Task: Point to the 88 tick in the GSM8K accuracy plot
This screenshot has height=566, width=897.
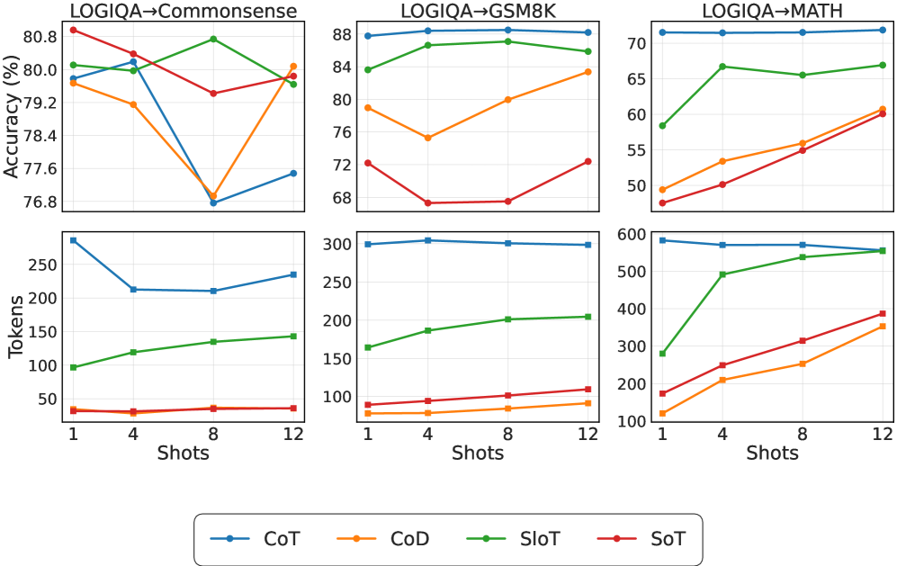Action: [x=339, y=34]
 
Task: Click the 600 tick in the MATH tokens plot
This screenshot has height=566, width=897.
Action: [x=632, y=234]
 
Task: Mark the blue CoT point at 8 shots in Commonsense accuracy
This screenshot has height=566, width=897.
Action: [x=213, y=202]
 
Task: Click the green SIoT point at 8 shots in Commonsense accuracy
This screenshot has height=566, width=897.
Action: [x=213, y=39]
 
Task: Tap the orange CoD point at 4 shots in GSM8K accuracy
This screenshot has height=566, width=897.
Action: [x=427, y=138]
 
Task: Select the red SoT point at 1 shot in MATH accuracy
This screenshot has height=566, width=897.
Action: [x=662, y=202]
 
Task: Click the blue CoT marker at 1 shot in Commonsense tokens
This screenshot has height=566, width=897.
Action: [x=74, y=240]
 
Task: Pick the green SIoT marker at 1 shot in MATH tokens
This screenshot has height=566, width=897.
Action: [x=662, y=354]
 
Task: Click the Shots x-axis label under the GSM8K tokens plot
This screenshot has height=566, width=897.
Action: [x=478, y=453]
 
